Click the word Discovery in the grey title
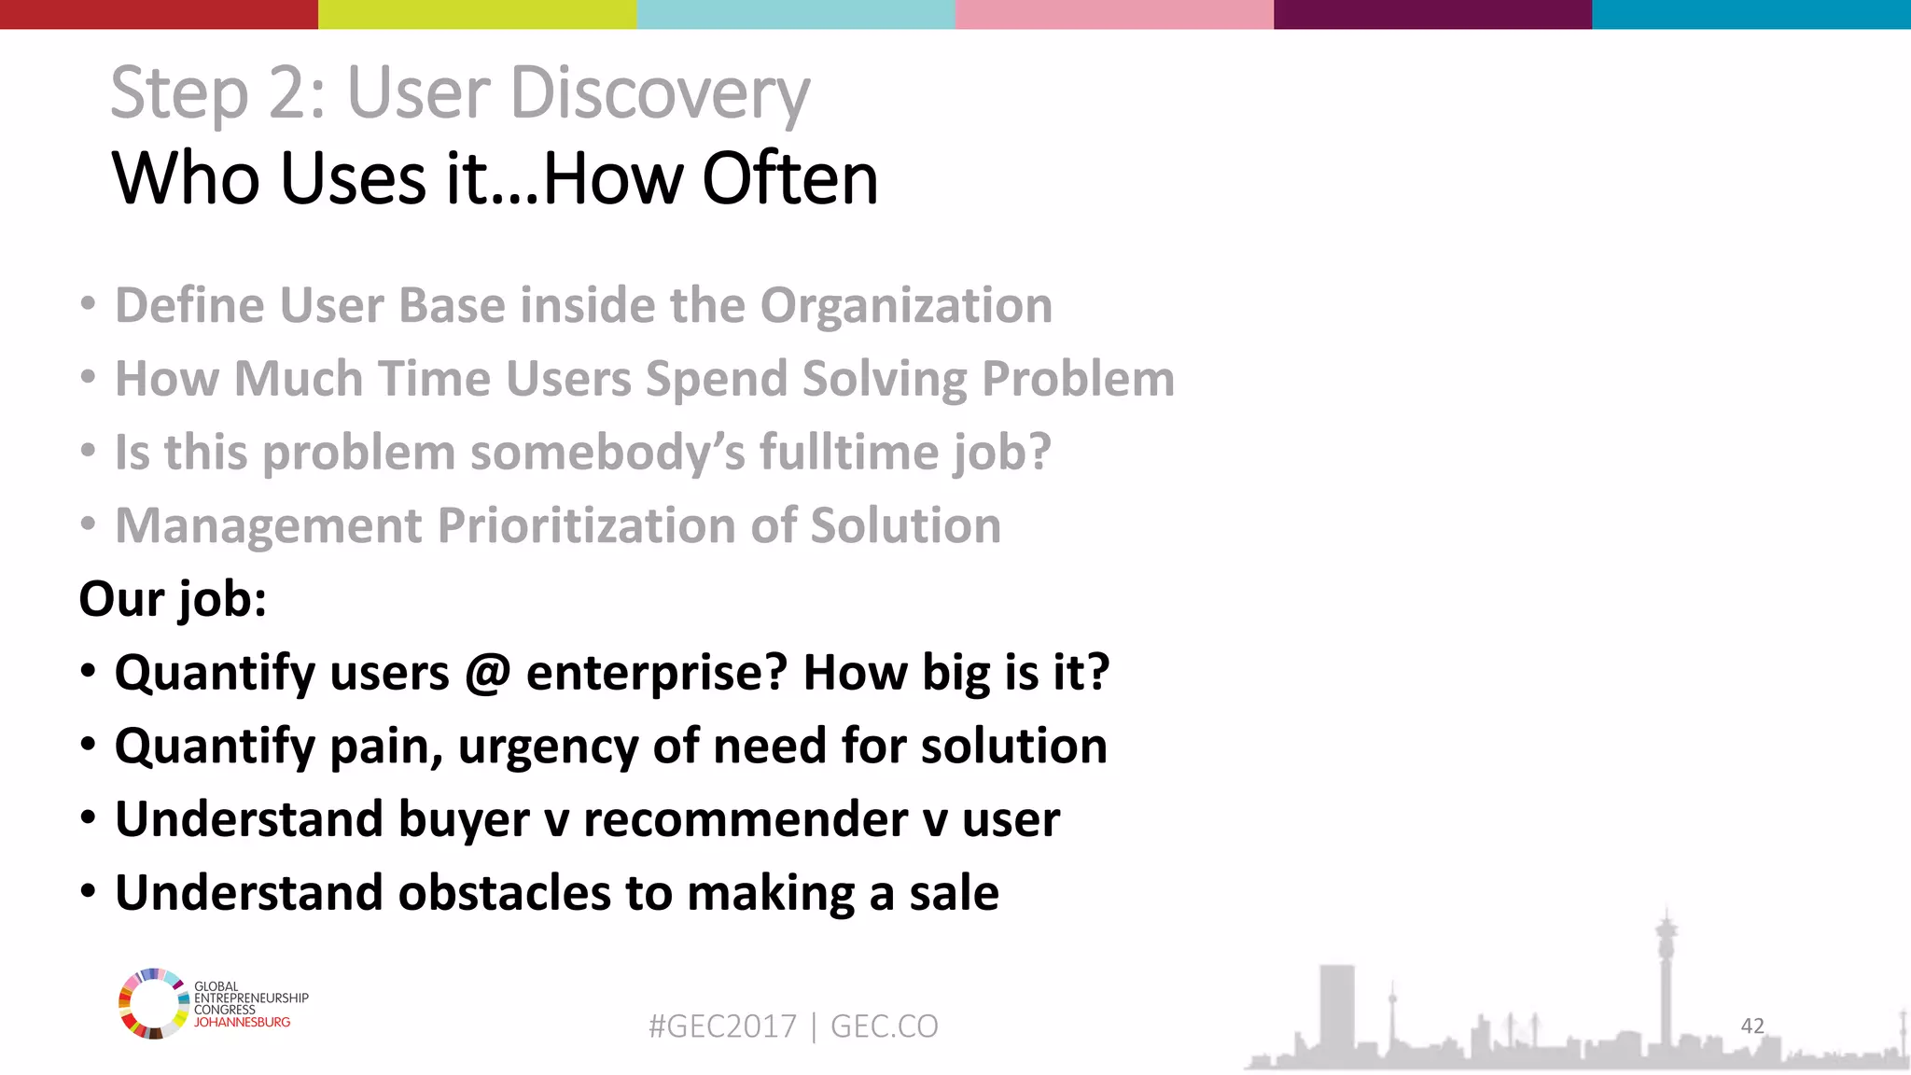tap(661, 93)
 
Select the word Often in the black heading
tap(789, 178)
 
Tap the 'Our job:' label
tap(173, 598)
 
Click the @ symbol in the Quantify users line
tap(487, 672)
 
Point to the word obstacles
tap(505, 893)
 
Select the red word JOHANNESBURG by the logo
tap(242, 1023)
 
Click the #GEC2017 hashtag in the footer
tap(722, 1026)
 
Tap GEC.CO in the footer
tap(884, 1026)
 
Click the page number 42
tap(1751, 1026)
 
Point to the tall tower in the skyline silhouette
tap(1666, 970)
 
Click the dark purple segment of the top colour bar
tap(1432, 14)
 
